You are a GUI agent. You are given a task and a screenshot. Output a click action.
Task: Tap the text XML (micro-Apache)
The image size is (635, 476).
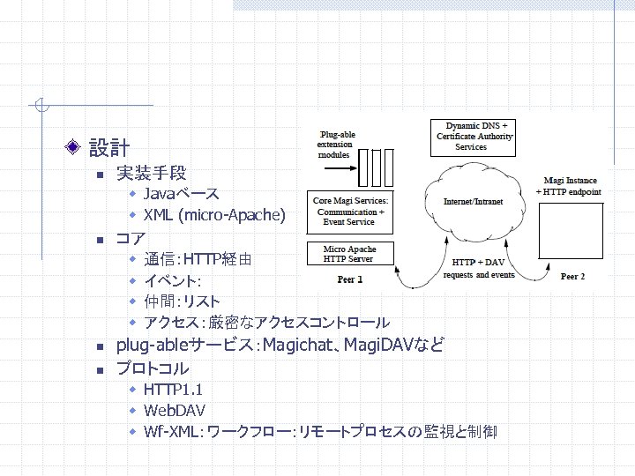[214, 215]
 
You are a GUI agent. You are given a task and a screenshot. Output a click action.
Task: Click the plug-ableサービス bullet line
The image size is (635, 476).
[280, 345]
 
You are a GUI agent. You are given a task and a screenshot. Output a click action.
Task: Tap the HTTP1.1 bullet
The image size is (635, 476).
[175, 389]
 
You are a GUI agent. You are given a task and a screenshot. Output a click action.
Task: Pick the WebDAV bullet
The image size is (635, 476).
[175, 410]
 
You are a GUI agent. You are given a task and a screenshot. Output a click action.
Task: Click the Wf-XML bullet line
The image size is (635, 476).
[319, 432]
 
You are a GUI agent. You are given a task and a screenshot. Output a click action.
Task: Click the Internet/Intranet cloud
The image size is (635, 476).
[474, 201]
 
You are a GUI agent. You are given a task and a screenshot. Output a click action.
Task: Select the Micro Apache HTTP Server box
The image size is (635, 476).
[349, 254]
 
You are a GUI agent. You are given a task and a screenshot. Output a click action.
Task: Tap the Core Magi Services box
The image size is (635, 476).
[350, 211]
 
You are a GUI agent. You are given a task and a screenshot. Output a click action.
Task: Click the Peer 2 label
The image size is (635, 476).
[572, 277]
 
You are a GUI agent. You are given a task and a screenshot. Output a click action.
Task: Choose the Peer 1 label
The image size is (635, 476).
[349, 279]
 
